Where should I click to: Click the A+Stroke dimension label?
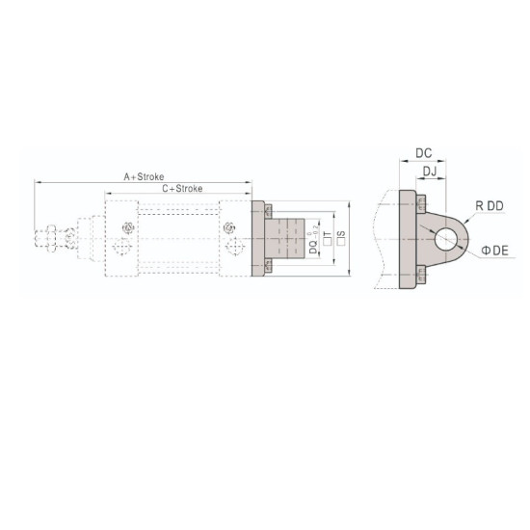pos(143,177)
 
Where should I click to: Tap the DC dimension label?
pos(422,153)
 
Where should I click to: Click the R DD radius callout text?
pos(489,205)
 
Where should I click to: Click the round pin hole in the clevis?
pos(445,238)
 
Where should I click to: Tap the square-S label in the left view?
pos(339,237)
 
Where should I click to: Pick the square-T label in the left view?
pos(328,237)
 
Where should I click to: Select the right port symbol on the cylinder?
pos(229,228)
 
